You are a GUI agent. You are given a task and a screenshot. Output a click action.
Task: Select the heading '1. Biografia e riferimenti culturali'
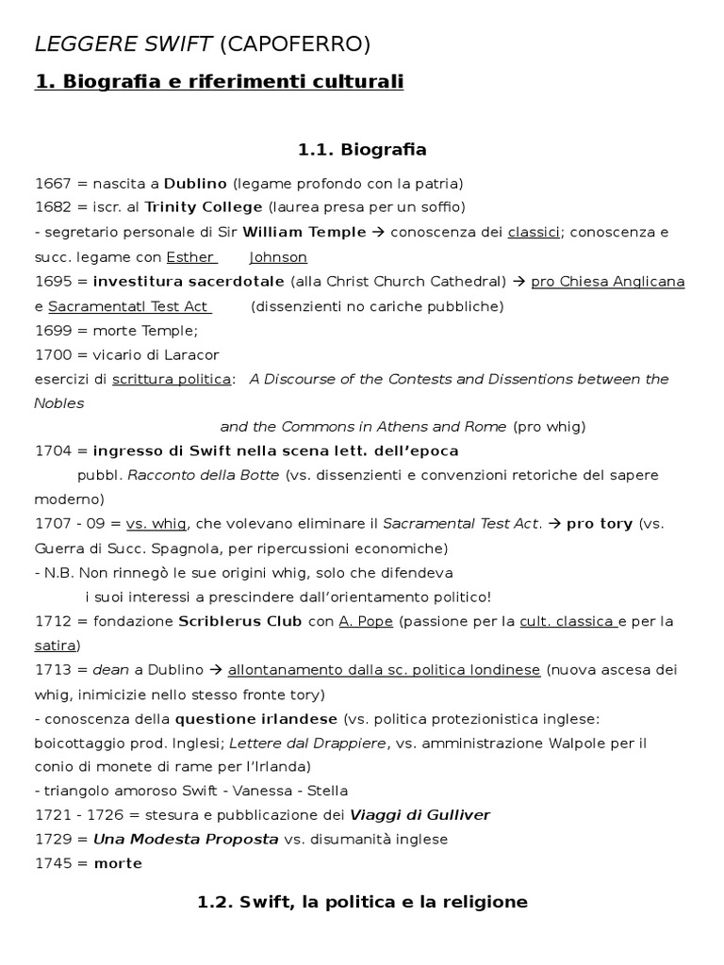point(219,82)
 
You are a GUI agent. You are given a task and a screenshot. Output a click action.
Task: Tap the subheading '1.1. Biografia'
point(362,149)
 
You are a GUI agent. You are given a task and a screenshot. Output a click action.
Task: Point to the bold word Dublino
point(196,183)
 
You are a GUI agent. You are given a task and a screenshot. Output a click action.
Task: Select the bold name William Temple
point(304,232)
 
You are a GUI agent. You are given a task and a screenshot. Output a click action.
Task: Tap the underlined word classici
point(534,232)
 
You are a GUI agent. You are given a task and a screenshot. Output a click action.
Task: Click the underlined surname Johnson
point(278,256)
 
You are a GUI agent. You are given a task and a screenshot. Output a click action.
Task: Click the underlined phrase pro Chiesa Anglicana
point(608,281)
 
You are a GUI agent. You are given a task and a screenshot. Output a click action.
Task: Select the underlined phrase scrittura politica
point(172,379)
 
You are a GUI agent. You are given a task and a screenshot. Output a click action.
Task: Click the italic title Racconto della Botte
point(204,475)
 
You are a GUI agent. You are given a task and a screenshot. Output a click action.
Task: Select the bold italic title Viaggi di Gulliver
point(420,814)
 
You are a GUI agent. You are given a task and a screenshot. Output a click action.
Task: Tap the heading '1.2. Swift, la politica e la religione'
point(362,902)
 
